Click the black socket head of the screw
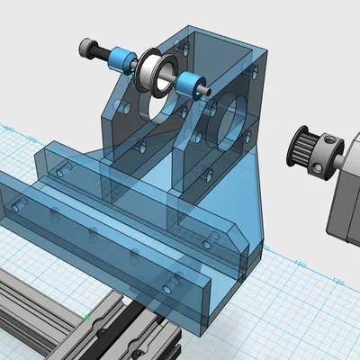click(x=87, y=46)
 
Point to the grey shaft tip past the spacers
click(x=207, y=92)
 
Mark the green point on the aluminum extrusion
click(x=87, y=316)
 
